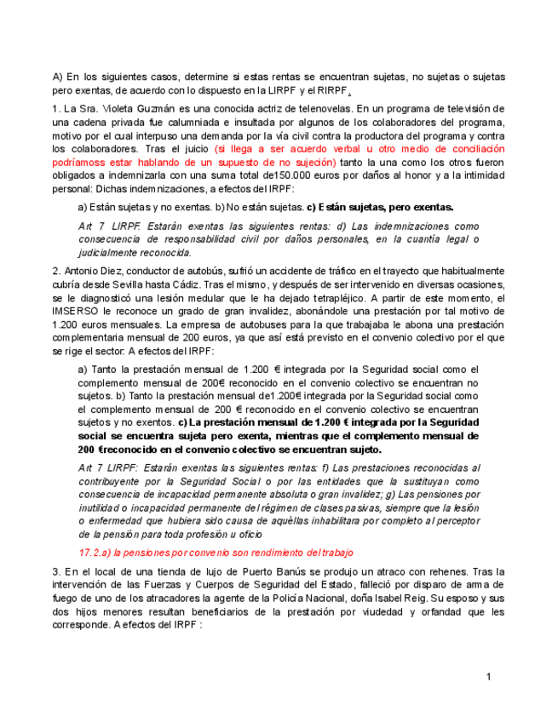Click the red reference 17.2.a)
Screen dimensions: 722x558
click(x=99, y=552)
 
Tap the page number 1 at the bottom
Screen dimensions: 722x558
click(x=488, y=676)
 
